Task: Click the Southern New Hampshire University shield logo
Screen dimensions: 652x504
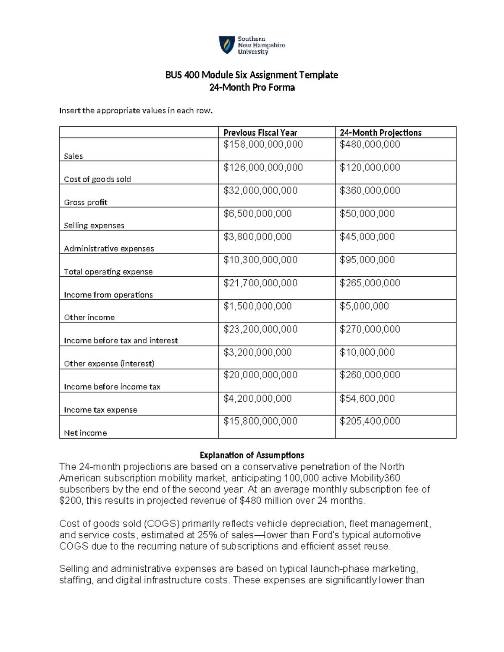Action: pos(227,45)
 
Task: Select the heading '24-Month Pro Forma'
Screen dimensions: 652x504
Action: pos(252,88)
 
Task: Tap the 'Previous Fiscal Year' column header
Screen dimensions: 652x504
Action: pos(260,133)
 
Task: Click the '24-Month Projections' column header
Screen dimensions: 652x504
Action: pos(381,133)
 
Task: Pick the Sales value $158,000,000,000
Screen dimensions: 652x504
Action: pos(263,145)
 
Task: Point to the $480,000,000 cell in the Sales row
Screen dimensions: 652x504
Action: pos(370,145)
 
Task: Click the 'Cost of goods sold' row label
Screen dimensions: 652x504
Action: pos(97,179)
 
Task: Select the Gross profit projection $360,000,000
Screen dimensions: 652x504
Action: pos(370,191)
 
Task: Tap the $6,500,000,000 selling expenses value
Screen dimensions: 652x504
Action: pos(257,214)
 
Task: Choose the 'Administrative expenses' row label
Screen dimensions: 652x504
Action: pos(109,249)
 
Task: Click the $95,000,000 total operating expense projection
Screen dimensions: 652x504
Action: pos(367,260)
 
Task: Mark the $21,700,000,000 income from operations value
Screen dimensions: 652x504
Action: pos(260,283)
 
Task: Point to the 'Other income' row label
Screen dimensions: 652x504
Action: pos(89,317)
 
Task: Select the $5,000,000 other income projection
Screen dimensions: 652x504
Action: pos(364,306)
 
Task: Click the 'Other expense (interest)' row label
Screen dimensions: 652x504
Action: pos(109,364)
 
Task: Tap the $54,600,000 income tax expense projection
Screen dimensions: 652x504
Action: pos(367,399)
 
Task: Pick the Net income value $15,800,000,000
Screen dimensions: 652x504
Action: pos(260,422)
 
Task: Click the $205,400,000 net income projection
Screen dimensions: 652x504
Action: pos(370,422)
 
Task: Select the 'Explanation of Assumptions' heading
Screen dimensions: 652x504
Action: pos(252,455)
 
